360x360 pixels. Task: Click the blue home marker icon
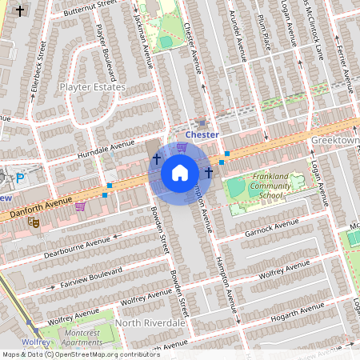[x=180, y=173]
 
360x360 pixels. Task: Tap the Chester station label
[x=202, y=135]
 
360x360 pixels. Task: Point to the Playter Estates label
[x=92, y=86]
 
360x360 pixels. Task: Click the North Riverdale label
[x=149, y=322]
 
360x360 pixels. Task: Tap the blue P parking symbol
[x=21, y=178]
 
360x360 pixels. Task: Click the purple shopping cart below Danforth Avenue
[x=80, y=206]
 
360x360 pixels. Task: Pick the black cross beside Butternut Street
[x=20, y=11]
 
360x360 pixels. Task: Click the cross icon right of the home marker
[x=209, y=172]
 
